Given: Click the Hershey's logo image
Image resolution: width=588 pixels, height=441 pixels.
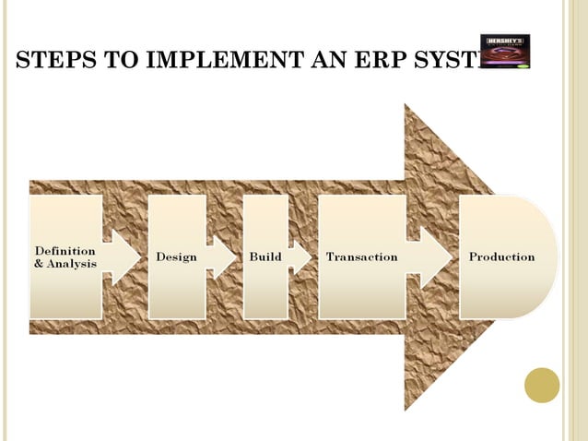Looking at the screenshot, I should coord(505,52).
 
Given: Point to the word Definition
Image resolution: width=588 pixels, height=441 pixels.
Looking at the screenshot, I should coord(65,250).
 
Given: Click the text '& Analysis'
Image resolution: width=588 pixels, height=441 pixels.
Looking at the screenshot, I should coord(65,264).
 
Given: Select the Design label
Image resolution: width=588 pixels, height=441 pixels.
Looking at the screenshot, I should coord(176,256).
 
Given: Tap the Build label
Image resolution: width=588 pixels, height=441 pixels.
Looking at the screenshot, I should coord(265,256).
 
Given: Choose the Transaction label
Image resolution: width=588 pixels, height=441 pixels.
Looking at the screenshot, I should coord(361,256).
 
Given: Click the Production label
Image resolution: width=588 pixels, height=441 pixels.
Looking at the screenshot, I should coord(501,256).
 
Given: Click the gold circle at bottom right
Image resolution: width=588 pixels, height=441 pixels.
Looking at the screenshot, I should coord(542,386).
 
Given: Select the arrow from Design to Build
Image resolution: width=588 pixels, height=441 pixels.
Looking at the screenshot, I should coord(221,256).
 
